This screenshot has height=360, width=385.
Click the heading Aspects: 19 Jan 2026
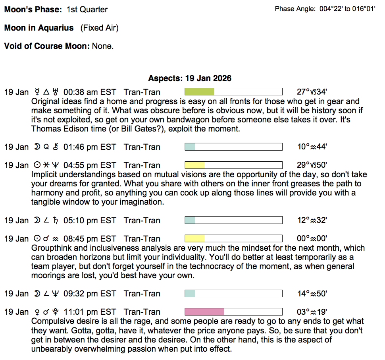tap(190, 78)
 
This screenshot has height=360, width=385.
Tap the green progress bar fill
tap(200, 92)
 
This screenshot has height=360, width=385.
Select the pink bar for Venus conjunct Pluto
tap(204, 312)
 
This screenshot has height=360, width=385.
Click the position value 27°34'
tap(312, 92)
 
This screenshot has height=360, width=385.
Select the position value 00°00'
tap(312, 239)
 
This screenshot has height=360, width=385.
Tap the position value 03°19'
tap(312, 312)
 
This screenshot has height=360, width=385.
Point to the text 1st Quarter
tap(87, 10)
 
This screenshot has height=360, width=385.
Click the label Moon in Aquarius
tap(39, 28)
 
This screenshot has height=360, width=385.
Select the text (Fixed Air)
tap(99, 28)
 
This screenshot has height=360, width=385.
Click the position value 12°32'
tap(312, 221)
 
